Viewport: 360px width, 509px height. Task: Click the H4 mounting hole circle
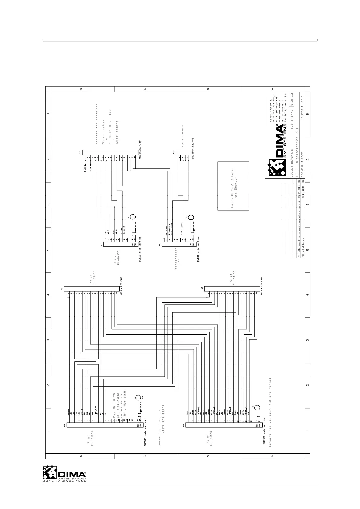click(x=191, y=217)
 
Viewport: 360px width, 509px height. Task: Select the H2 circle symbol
click(x=138, y=397)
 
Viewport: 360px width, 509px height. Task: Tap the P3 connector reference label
click(x=80, y=152)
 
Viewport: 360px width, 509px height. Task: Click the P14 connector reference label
click(x=174, y=152)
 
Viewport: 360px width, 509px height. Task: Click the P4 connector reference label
click(x=64, y=425)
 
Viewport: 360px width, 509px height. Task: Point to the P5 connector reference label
click(x=183, y=425)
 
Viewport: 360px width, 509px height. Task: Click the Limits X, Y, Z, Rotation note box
click(x=233, y=186)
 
